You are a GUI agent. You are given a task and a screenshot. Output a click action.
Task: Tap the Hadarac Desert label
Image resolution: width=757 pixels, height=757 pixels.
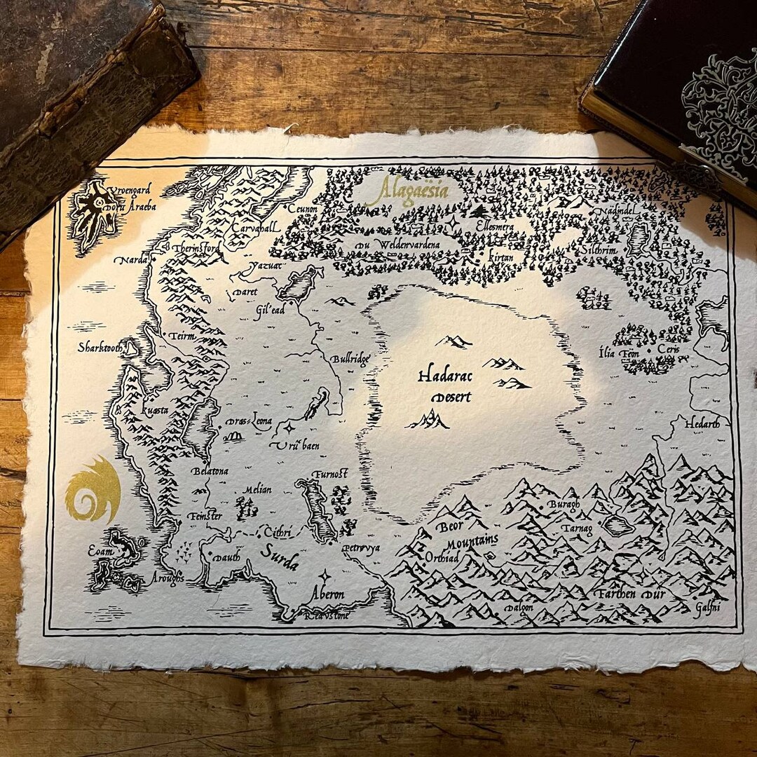[445, 386]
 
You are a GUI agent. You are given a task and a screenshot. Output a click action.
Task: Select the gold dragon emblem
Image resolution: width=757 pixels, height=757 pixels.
[93, 490]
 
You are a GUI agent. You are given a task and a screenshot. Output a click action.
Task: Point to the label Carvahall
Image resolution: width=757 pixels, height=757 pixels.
[257, 227]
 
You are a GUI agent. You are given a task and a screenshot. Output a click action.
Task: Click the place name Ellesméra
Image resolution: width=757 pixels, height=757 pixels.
[494, 227]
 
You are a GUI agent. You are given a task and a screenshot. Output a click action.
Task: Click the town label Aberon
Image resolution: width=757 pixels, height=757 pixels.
[328, 594]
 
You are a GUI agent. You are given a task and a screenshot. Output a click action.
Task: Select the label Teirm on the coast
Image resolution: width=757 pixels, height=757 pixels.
[182, 336]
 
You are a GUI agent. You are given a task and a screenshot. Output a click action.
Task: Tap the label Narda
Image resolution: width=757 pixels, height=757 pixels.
[130, 260]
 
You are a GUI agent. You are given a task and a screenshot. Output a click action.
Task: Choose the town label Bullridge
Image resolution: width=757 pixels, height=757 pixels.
[350, 360]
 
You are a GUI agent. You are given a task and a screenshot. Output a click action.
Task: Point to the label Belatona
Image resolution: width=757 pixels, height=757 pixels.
[210, 471]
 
